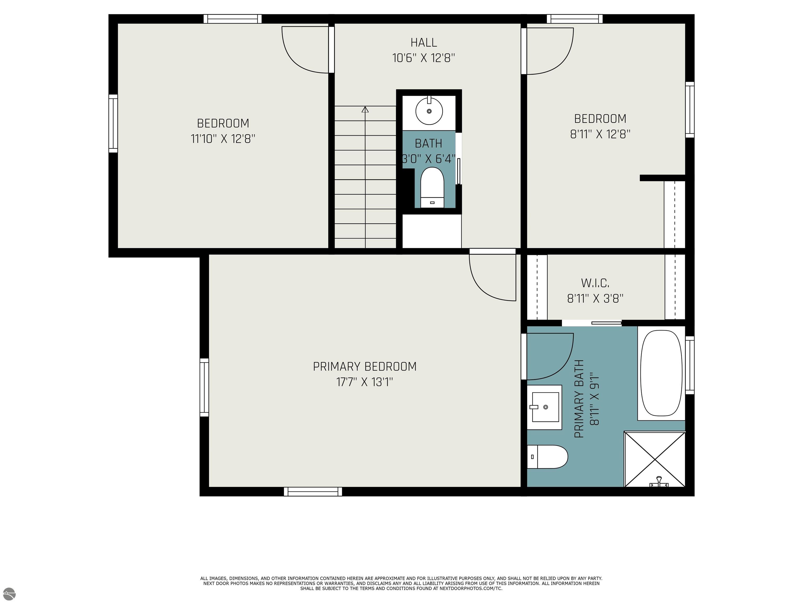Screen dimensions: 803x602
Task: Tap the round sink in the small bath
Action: [x=429, y=111]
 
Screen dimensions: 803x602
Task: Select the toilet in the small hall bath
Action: [x=432, y=188]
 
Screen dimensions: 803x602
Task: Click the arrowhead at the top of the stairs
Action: [x=365, y=109]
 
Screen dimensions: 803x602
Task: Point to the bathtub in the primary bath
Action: [x=661, y=373]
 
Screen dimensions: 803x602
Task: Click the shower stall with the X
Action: [x=655, y=459]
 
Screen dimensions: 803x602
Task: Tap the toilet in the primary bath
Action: [x=547, y=457]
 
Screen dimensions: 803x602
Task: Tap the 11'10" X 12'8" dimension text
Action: [x=223, y=139]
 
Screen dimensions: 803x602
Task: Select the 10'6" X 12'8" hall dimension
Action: [x=424, y=58]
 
